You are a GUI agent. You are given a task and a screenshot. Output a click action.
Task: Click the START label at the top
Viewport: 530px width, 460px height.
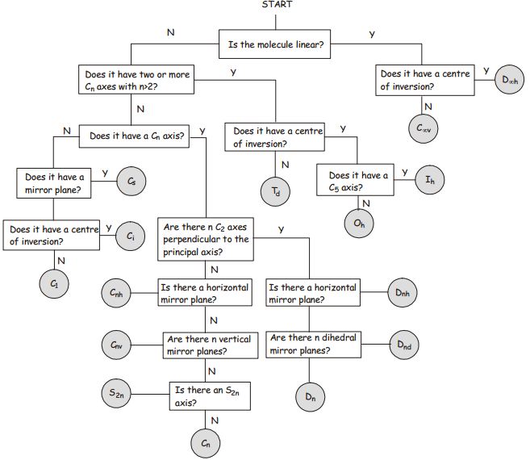[x=278, y=5]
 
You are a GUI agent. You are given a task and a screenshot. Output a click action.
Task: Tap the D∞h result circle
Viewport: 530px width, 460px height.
[x=510, y=80]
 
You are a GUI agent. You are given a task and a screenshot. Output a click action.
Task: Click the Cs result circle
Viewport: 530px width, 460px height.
[x=131, y=182]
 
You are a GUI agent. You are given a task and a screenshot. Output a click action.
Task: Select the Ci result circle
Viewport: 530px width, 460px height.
[x=131, y=236]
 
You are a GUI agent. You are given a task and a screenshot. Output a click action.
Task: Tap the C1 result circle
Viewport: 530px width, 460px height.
[x=55, y=283]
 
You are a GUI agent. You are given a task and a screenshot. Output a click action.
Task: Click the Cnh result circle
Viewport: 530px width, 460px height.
[x=119, y=294]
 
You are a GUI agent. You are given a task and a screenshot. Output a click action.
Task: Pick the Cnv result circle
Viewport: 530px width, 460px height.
[x=119, y=345]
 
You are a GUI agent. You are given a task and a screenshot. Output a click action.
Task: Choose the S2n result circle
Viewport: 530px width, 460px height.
[x=119, y=393]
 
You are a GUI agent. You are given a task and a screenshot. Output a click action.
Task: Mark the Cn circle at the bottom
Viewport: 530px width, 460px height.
[x=207, y=443]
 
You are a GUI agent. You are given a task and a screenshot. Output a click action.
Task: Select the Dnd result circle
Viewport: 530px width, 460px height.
[x=405, y=345]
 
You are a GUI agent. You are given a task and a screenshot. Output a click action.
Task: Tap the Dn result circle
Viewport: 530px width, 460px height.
[x=310, y=396]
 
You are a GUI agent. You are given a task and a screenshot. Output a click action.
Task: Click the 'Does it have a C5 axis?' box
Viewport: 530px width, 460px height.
[x=358, y=180]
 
